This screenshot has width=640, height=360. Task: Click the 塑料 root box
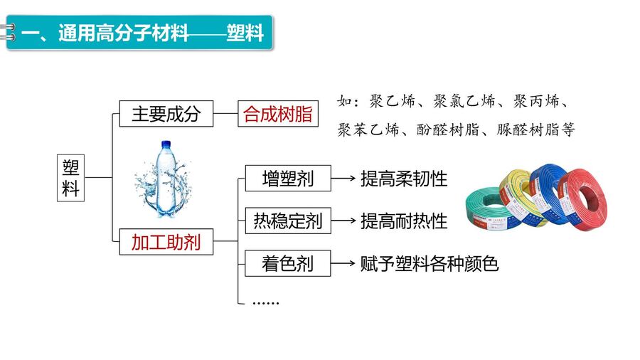click(x=70, y=178)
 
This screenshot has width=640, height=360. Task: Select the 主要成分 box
click(x=166, y=113)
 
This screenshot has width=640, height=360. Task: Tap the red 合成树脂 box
click(x=278, y=113)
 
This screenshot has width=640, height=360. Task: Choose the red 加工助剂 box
click(x=166, y=242)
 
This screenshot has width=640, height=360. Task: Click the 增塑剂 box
click(x=288, y=178)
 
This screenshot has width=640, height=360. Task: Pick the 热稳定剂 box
click(x=288, y=221)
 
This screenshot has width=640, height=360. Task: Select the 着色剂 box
click(x=288, y=263)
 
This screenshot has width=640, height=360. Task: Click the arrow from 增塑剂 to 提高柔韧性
click(x=343, y=178)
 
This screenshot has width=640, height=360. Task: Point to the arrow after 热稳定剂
click(x=343, y=221)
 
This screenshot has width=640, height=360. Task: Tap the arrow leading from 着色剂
click(x=343, y=263)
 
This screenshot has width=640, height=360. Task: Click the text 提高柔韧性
click(x=404, y=179)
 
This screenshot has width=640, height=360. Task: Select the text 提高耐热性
click(x=404, y=221)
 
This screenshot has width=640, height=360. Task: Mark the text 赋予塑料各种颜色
click(x=430, y=264)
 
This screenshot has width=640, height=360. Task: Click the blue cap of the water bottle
click(x=166, y=144)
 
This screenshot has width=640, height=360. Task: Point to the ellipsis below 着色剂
click(x=266, y=302)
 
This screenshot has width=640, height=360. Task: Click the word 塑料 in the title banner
click(x=245, y=33)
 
